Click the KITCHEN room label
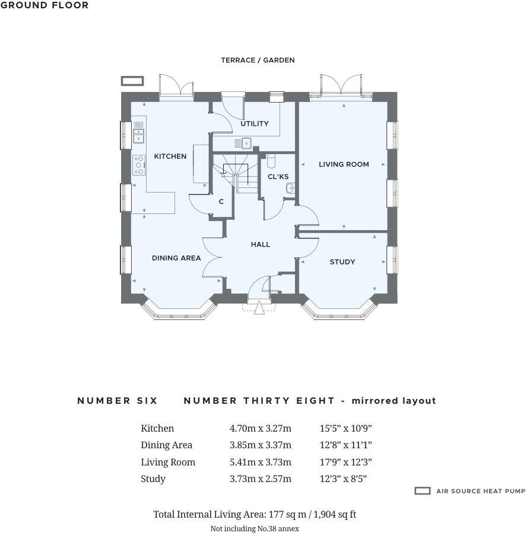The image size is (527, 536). tap(170, 156)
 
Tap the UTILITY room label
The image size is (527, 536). tap(254, 123)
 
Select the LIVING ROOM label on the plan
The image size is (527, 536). tap(344, 164)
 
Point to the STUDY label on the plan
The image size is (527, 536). tap(342, 262)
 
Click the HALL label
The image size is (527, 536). tap(261, 244)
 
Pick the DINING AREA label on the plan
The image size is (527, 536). tap(176, 258)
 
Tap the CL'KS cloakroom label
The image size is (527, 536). tap(278, 177)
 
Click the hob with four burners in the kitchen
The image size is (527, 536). tap(139, 165)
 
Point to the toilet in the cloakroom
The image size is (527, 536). tap(271, 161)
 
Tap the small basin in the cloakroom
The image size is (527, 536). tap(290, 188)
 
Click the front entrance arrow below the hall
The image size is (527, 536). tap(259, 308)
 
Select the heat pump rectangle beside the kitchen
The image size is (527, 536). tap(132, 81)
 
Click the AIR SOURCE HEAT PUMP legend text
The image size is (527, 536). tap(481, 491)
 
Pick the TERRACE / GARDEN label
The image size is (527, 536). tap(258, 60)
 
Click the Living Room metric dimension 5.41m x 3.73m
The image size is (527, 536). tap(261, 462)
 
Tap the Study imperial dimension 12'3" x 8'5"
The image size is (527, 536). tap(343, 479)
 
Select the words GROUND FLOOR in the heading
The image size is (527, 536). tap(45, 5)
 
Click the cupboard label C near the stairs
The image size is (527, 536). tap(221, 202)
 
